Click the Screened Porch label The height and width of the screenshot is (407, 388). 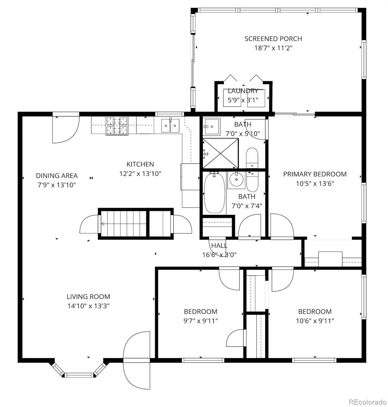coord(273,39)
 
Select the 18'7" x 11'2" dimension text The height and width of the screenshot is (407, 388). coord(273,48)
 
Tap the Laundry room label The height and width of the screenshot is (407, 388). coord(243,91)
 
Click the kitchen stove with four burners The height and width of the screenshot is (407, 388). coord(117,126)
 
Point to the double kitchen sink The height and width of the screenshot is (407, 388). coord(170,126)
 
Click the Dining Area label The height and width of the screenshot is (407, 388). coord(57,176)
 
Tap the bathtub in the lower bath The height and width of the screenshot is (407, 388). coord(214,193)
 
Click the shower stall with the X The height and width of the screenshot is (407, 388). coord(220,153)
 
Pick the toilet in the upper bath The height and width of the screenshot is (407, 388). coord(252,157)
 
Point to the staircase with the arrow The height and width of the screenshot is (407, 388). coord(123,224)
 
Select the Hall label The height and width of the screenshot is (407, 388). coord(219,246)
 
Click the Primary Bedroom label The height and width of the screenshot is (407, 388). coord(315,174)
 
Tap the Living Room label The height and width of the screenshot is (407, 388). coord(88,297)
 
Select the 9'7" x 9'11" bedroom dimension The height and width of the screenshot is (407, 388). coord(200,321)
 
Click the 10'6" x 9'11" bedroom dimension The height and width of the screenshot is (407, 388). coord(315,321)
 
